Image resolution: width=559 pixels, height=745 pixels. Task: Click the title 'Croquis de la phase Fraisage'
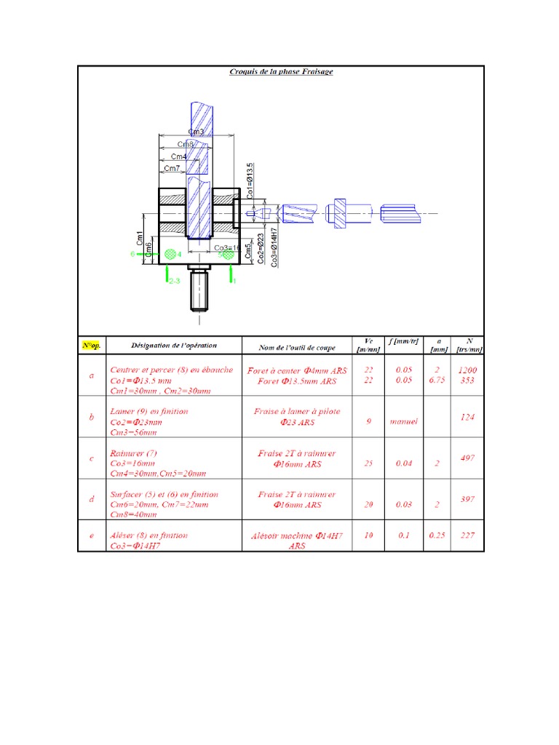click(281, 72)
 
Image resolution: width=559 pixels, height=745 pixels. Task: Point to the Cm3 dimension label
click(196, 132)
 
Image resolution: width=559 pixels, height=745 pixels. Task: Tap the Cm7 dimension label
click(172, 169)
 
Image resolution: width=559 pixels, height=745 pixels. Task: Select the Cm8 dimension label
click(186, 144)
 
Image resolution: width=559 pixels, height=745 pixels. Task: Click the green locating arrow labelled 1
click(231, 274)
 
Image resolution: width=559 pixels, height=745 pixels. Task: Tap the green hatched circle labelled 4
click(171, 254)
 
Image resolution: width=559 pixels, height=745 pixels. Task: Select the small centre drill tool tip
click(254, 214)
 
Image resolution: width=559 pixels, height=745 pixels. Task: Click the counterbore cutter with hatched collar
click(339, 213)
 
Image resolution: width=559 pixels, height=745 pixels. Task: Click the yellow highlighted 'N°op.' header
click(92, 345)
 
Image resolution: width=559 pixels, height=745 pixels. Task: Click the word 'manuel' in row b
click(403, 421)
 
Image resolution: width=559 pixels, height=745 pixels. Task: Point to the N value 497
click(467, 458)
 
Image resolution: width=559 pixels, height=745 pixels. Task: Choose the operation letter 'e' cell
click(91, 535)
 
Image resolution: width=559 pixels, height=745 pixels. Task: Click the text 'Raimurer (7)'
click(132, 453)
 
